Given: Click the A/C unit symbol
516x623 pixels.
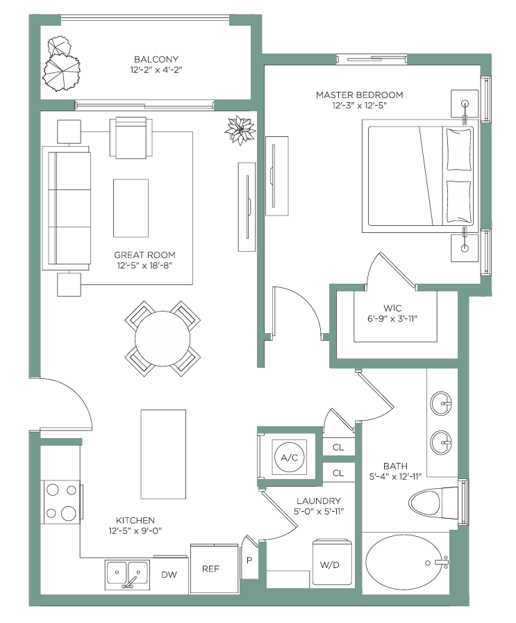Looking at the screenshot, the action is [290, 457].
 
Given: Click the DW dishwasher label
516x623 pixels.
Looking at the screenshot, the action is [169, 574].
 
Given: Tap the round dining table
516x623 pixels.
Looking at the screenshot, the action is [163, 339].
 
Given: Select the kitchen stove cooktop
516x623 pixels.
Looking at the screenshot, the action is [62, 502].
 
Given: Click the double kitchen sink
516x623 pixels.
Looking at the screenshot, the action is [127, 574].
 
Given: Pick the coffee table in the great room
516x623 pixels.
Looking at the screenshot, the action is [131, 208].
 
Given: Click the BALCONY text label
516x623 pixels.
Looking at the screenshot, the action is [156, 59].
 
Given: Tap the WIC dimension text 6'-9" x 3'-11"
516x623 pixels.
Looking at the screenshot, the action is [392, 318].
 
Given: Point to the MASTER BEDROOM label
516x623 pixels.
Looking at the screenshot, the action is [359, 95].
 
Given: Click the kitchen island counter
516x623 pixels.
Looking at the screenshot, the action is [163, 454].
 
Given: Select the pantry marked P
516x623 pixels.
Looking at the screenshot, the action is [249, 558].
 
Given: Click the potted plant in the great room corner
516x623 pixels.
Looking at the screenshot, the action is [240, 130].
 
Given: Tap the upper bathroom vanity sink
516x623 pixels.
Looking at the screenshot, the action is [441, 403].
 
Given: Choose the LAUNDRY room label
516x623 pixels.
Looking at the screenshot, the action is [319, 501].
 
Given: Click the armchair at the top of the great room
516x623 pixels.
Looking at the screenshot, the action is [131, 138].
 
